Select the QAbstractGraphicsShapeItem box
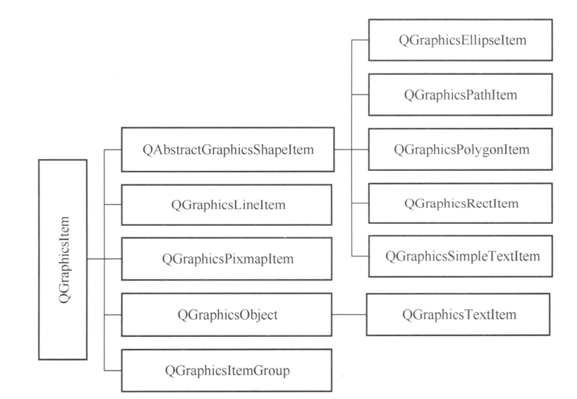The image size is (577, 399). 227,150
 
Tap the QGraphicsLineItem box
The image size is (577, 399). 227,204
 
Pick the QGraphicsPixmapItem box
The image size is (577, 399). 227,258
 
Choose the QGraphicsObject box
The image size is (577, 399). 227,313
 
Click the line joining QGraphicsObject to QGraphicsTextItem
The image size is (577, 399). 349,313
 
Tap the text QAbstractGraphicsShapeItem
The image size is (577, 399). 227,150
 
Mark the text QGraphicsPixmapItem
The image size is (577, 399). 227,258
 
